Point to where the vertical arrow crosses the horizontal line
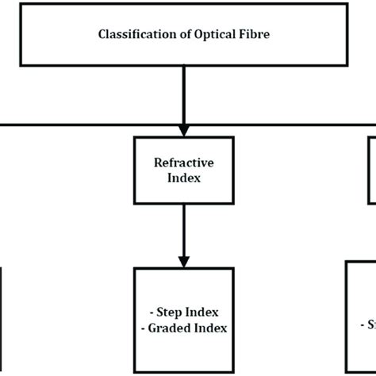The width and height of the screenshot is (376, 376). click(184, 124)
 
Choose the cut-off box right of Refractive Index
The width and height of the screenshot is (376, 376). click(371, 167)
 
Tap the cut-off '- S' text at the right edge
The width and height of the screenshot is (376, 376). click(368, 324)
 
